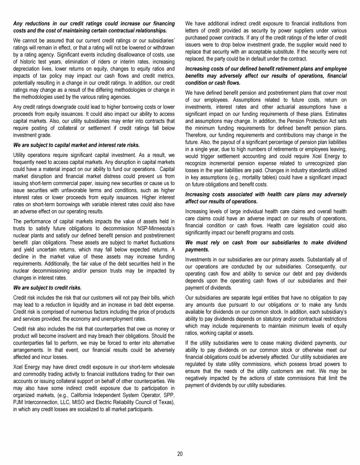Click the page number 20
coord(180,453)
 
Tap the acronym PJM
coord(18,402)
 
